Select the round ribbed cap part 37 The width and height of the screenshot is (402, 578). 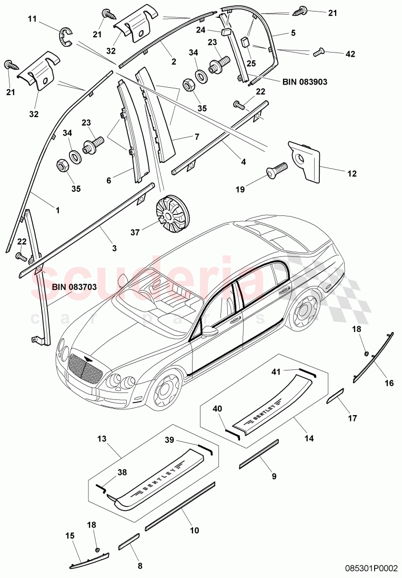click(x=172, y=213)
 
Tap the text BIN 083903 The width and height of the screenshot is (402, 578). click(x=305, y=82)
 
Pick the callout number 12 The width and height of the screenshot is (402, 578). click(x=337, y=173)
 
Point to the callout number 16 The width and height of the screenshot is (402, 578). click(x=389, y=383)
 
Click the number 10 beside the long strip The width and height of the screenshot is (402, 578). click(x=194, y=530)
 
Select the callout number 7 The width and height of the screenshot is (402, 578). click(x=197, y=137)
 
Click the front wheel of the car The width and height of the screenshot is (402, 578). click(x=167, y=391)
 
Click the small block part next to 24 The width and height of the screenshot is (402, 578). click(x=227, y=32)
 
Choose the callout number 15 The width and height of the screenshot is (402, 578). click(x=69, y=535)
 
